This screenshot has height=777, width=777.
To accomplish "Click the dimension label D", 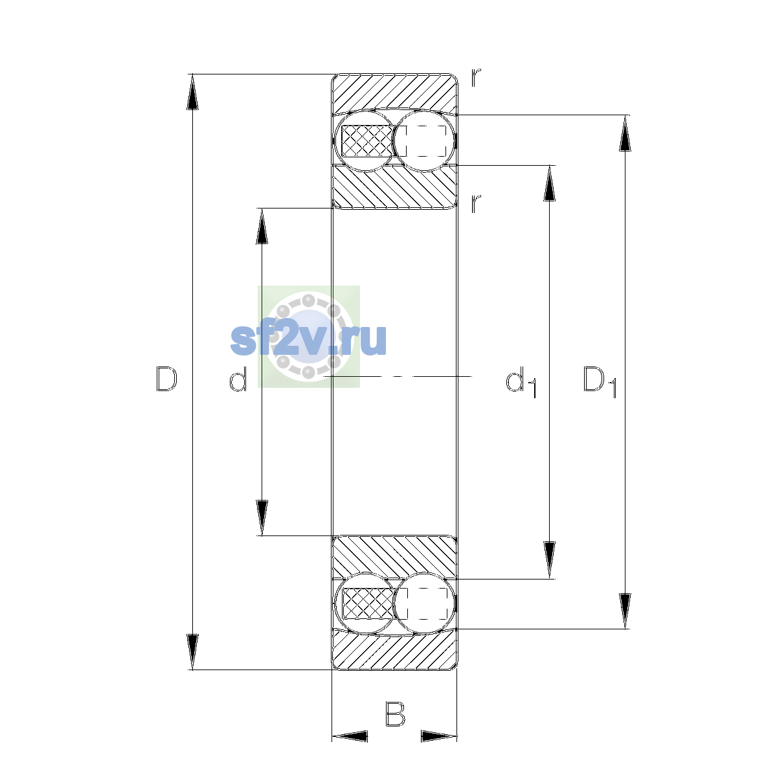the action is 166,379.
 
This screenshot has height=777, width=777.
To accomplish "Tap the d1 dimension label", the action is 521,381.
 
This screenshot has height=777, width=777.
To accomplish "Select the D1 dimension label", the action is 600,381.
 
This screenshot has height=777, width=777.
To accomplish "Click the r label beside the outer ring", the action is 476,78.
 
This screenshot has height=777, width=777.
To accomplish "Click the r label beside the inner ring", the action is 476,203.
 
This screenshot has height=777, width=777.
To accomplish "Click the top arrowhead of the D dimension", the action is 192,92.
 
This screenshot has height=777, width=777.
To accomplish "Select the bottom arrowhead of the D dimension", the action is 192,652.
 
